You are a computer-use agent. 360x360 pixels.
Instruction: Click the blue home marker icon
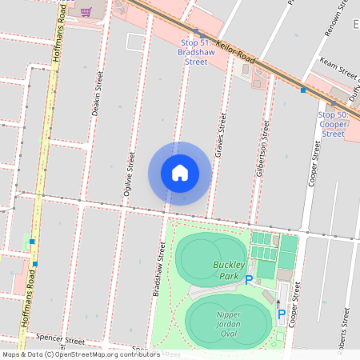point(179,173)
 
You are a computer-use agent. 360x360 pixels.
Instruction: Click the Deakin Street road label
point(98,92)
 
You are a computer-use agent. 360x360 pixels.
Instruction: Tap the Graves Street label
point(222,134)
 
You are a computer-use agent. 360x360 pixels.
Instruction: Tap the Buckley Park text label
point(228,270)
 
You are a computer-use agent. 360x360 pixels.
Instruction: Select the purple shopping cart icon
point(86,12)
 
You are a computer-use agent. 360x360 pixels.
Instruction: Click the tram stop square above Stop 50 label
point(334,102)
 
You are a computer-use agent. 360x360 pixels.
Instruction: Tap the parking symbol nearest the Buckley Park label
point(249,279)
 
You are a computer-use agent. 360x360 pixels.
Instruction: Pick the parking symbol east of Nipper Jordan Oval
point(282,315)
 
